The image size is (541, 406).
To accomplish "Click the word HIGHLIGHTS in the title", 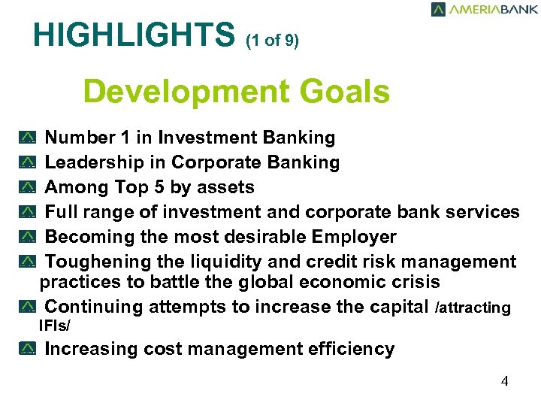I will pos(134,35).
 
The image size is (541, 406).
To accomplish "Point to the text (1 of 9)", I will pos(272,41).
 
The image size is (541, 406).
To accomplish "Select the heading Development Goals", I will pos(237,92).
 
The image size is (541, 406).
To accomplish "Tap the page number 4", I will pos(504,381).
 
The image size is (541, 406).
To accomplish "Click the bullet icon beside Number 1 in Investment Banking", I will pos(28,138).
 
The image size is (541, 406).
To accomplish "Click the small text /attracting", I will pos(473,308).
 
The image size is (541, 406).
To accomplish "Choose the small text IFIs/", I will pos(54,326).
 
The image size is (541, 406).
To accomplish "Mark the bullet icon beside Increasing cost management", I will pos(28,350).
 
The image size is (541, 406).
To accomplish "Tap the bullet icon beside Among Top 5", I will pos(28,188).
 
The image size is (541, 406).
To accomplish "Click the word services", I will pos(482,212).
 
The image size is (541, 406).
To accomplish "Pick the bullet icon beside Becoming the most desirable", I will pos(28,238).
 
